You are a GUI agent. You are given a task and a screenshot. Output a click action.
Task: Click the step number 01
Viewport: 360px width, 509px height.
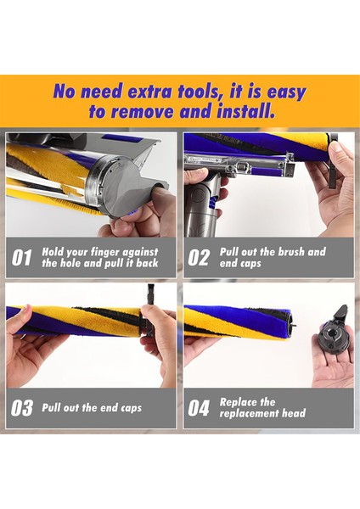click(x=22, y=258)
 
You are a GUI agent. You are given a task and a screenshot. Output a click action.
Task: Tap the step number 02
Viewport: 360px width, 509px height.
click(x=198, y=258)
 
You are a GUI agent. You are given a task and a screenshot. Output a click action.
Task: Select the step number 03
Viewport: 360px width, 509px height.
click(x=22, y=408)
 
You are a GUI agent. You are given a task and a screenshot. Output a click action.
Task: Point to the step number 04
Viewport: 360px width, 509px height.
click(x=198, y=408)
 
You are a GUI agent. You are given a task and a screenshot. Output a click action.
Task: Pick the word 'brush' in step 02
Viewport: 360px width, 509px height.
click(x=286, y=252)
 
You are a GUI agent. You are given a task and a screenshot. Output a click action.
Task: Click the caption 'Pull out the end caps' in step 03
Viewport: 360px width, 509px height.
click(x=92, y=408)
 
